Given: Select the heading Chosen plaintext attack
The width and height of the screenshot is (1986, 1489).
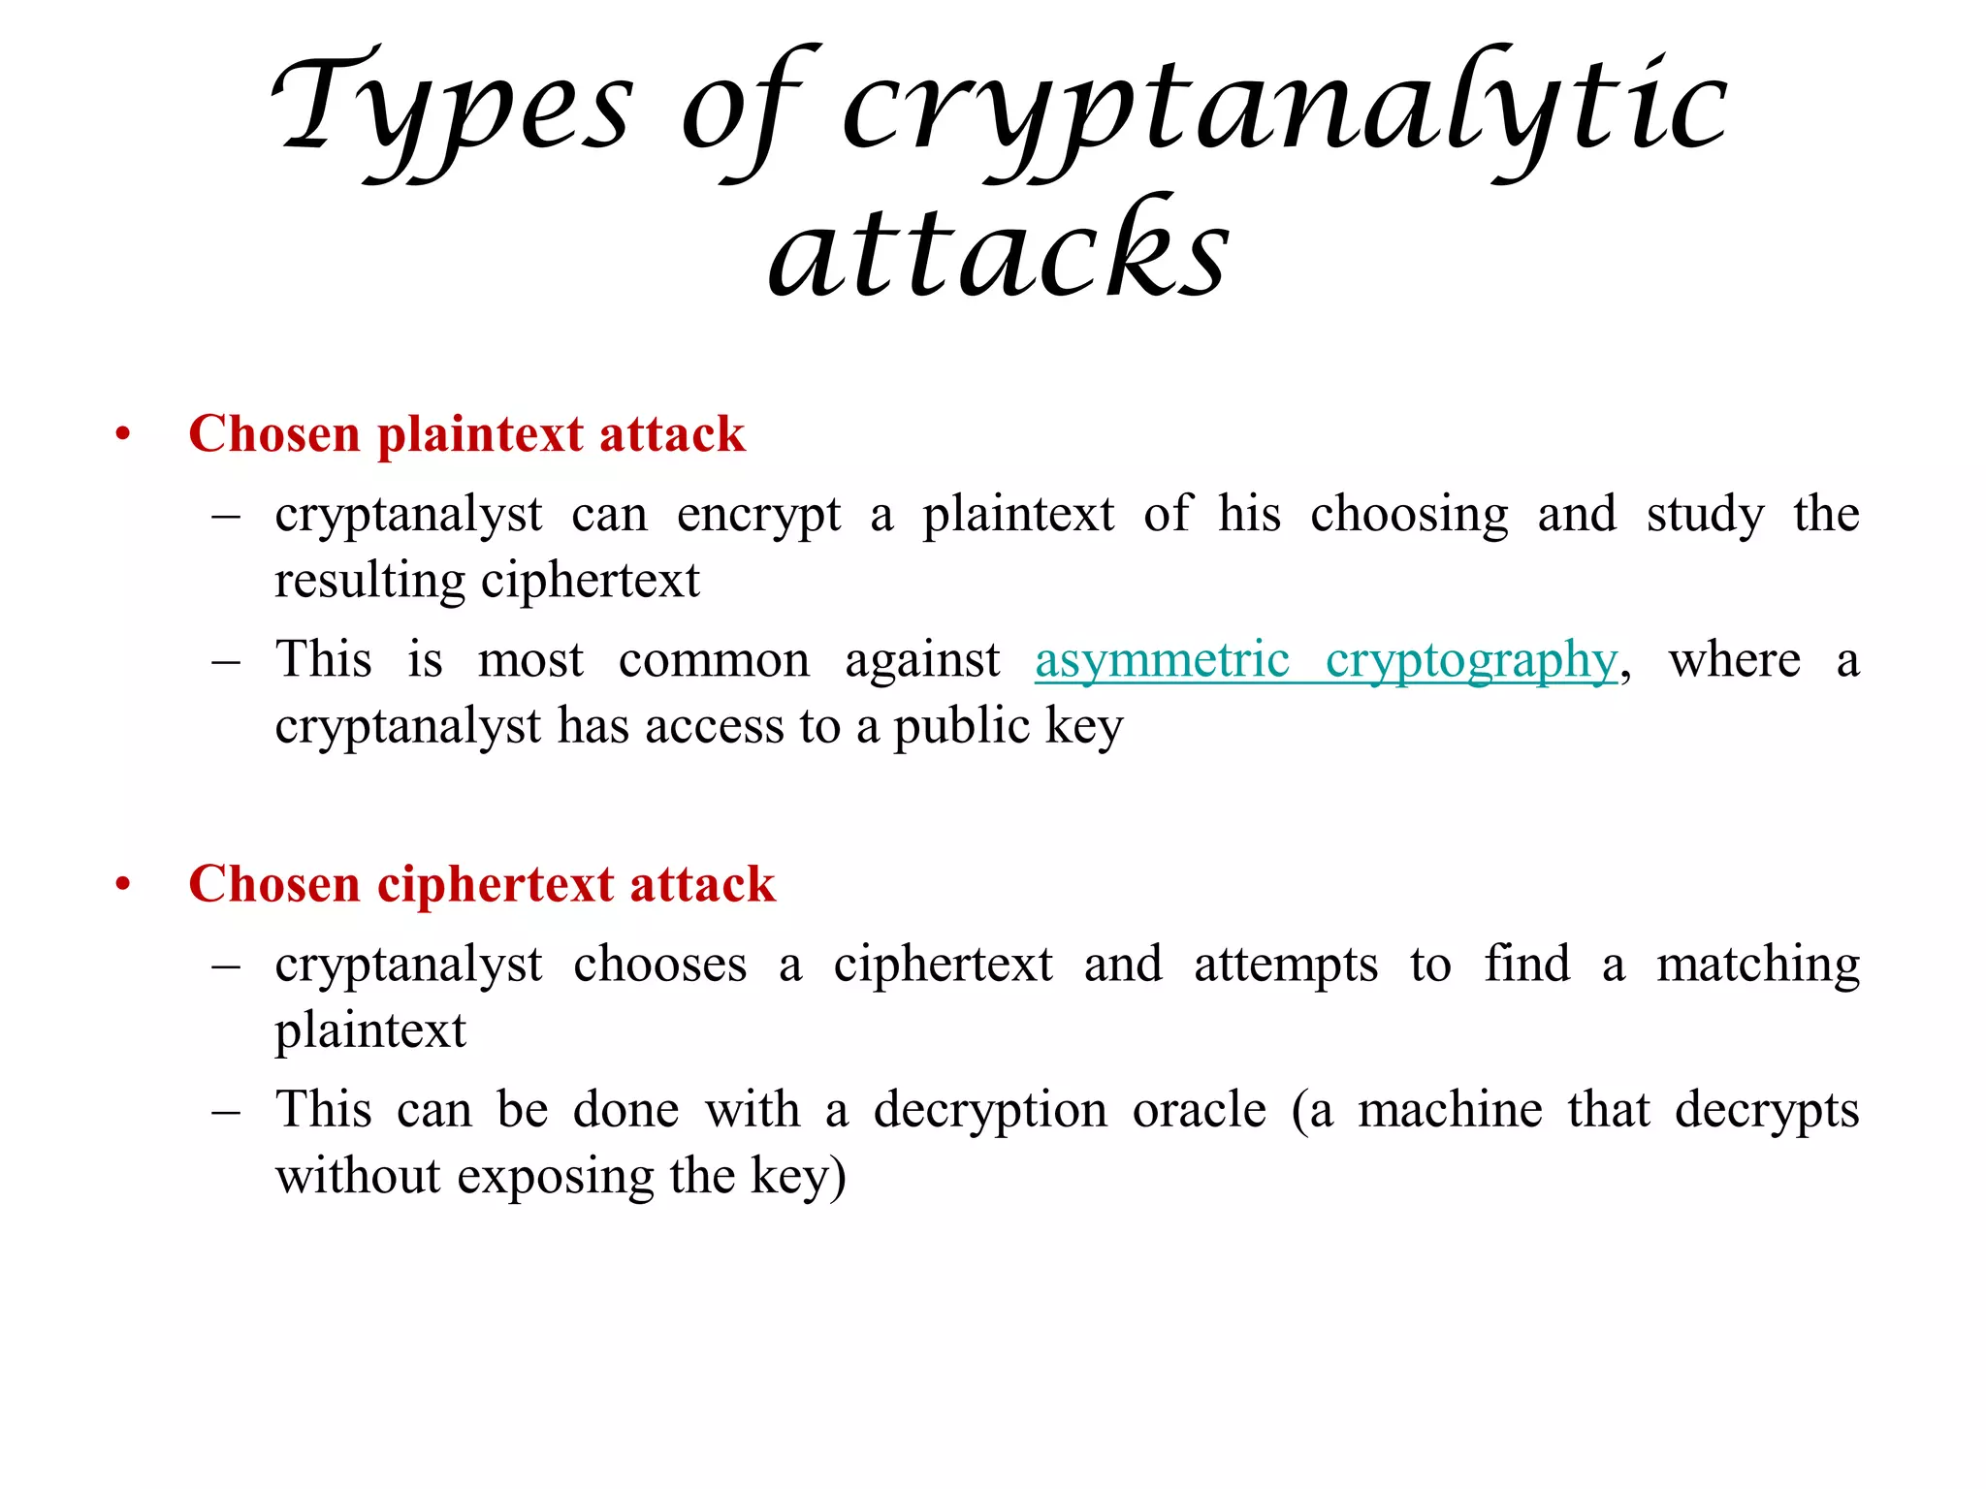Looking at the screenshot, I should click(466, 433).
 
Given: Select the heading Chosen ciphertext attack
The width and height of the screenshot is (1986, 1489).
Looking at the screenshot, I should click(482, 884).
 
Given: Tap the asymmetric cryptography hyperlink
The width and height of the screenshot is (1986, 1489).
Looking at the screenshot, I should click(1327, 661).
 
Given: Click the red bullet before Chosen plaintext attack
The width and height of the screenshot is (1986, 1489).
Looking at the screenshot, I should click(122, 433).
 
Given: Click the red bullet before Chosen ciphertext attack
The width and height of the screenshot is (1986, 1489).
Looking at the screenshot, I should click(122, 884).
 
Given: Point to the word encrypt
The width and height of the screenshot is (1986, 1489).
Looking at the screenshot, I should click(758, 515).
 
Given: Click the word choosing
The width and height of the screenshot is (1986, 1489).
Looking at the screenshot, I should click(1409, 515).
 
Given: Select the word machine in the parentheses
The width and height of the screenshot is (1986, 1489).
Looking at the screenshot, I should click(1450, 1109).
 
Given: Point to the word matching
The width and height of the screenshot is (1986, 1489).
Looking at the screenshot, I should click(1758, 966).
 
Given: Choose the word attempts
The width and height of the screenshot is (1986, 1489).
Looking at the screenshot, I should click(1286, 966).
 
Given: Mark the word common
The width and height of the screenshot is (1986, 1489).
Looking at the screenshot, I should click(714, 661).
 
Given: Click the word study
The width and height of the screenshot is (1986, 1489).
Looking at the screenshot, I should click(1705, 515).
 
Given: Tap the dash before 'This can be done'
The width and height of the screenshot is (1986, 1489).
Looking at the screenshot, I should click(226, 1111).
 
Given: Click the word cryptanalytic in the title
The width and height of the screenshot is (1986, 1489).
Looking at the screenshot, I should click(1285, 111).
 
